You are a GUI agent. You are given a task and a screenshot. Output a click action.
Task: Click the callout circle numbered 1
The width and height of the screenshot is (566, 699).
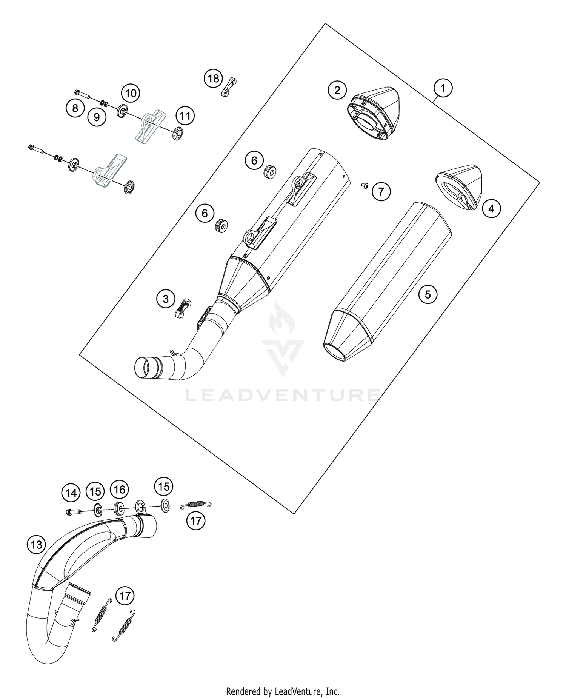[443, 88]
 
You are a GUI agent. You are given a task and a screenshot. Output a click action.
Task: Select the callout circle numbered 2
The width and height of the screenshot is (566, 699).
[337, 89]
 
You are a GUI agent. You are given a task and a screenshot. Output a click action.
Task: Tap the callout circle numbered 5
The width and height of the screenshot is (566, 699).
[428, 294]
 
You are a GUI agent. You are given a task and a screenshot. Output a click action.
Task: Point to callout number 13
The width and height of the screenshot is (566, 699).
[36, 544]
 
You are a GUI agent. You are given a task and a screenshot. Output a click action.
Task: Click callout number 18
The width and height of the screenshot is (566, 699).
[214, 79]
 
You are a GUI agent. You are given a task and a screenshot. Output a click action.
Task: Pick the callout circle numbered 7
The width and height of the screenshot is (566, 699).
[381, 192]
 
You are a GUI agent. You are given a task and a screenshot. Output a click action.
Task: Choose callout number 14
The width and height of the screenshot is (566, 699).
[71, 493]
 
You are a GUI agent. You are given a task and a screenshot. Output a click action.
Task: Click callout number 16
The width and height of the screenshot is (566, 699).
[119, 490]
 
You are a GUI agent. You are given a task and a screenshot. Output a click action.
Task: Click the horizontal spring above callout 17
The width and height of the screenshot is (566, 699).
[196, 504]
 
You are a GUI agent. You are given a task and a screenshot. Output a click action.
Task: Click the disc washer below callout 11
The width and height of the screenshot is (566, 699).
[177, 134]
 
